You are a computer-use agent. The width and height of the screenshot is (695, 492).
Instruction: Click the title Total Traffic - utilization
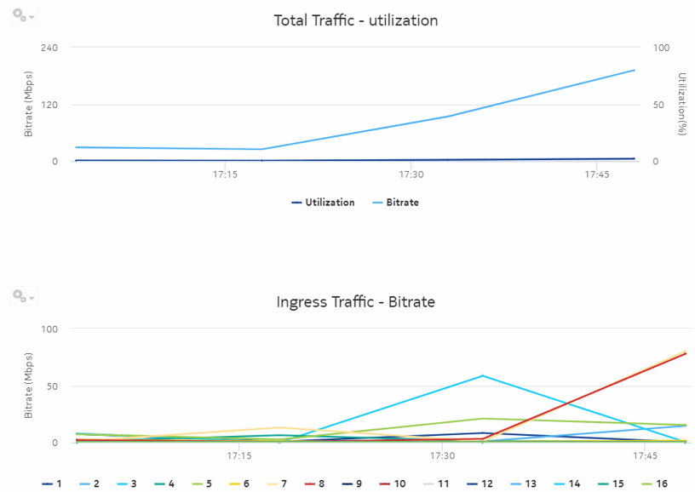click(355, 20)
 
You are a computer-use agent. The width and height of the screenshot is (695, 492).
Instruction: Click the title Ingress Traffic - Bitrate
click(355, 302)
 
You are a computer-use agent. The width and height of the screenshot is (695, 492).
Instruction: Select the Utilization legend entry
click(323, 203)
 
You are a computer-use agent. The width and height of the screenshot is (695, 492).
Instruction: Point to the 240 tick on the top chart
click(49, 48)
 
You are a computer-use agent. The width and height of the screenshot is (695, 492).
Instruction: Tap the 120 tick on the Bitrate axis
click(49, 105)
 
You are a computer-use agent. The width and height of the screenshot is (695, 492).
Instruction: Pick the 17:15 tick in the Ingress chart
click(240, 455)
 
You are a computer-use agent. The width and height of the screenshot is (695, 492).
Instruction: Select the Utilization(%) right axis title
click(681, 104)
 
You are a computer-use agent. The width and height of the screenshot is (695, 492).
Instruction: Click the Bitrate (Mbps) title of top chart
click(28, 104)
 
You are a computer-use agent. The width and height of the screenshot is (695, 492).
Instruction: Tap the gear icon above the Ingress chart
click(22, 296)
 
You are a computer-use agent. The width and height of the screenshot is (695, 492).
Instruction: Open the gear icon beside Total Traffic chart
click(22, 16)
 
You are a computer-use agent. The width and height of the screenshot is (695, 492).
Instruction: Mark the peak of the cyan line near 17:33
click(482, 375)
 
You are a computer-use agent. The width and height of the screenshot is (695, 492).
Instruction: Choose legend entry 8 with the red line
click(316, 483)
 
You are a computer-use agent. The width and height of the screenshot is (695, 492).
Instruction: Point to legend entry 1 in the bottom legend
click(52, 483)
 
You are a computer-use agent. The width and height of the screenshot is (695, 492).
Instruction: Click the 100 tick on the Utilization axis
click(661, 48)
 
